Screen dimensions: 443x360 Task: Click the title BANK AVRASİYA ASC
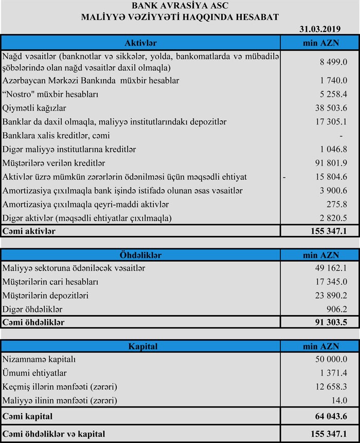tap(180, 6)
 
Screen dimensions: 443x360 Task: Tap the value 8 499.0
tap(333, 62)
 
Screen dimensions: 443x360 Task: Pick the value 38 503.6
tap(331, 108)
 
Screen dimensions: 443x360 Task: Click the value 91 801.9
tap(331, 163)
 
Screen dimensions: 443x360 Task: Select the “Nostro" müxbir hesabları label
tap(50, 94)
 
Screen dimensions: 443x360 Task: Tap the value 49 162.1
tap(331, 268)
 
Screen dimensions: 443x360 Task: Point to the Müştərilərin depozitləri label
tap(46, 296)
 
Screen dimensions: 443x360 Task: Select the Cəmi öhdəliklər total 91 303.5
tap(330, 322)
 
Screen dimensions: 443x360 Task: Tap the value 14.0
tap(339, 400)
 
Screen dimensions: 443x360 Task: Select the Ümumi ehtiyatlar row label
tap(34, 373)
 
